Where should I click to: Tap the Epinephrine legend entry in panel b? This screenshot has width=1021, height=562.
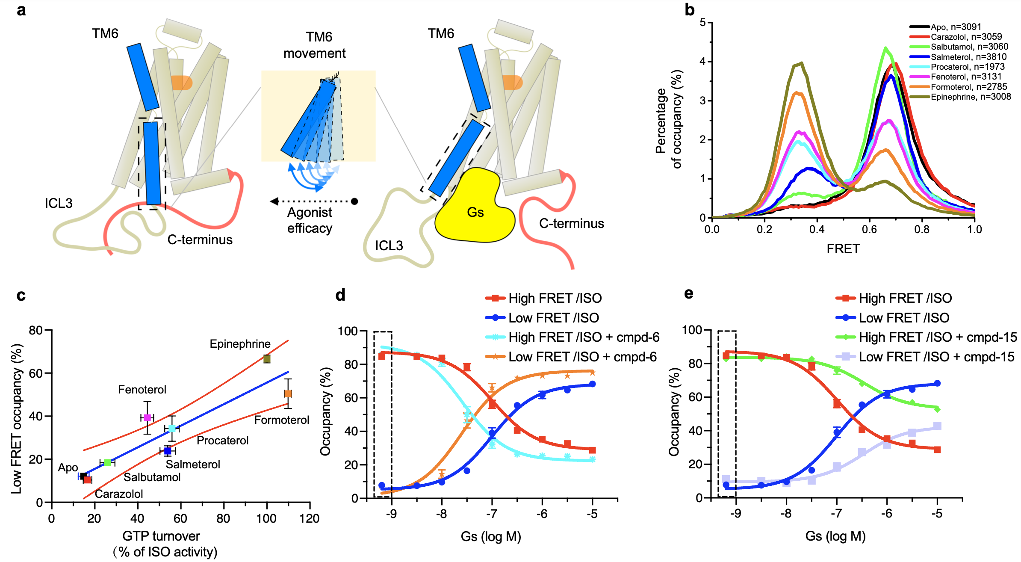point(971,97)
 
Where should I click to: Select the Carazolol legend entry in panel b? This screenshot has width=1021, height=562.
point(966,37)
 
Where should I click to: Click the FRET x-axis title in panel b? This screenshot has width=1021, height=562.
point(843,248)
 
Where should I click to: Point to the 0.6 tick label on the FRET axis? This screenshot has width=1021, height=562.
point(869,230)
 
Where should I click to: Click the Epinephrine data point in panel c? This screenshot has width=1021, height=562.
point(267,359)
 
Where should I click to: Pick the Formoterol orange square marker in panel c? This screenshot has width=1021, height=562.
point(288,393)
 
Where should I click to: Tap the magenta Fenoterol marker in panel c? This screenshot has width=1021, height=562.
point(148,417)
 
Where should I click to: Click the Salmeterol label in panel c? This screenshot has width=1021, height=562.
point(193,464)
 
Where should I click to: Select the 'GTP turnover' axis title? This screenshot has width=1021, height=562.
point(161,536)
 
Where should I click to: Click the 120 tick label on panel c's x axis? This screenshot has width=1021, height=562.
point(310,519)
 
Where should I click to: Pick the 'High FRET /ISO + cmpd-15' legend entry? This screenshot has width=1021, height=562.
point(938,337)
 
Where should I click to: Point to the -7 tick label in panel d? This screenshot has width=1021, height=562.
point(492,514)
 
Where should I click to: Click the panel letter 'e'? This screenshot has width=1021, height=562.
point(688,294)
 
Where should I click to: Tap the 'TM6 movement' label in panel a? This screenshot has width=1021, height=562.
point(315,45)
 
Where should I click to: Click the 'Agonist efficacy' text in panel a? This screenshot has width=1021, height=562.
point(310,220)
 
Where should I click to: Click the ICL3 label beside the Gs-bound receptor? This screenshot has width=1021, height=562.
point(389,246)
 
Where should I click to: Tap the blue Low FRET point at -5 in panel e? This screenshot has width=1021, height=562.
point(937,383)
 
